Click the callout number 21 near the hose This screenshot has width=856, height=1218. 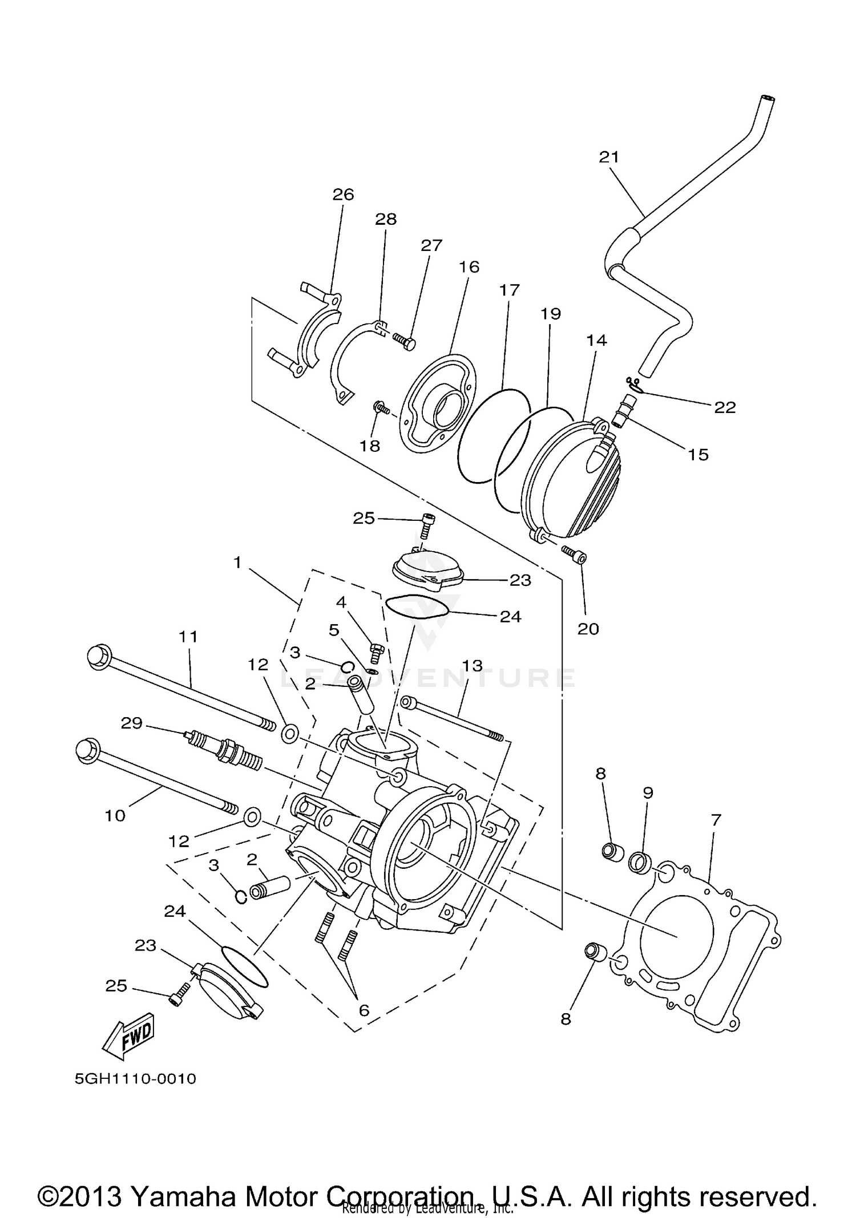tap(609, 157)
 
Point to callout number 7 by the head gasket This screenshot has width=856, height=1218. tap(716, 820)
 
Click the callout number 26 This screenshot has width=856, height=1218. tap(344, 195)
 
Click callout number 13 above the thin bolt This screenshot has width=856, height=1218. tap(472, 665)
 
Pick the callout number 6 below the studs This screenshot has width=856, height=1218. tap(364, 1010)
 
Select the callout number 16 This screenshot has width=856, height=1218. tap(469, 266)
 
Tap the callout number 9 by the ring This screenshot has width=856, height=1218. tap(648, 792)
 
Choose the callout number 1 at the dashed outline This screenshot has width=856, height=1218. tap(238, 563)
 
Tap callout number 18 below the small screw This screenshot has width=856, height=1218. tap(370, 446)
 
